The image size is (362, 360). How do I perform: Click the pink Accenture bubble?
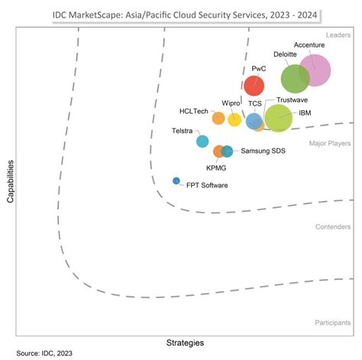tap(314, 72)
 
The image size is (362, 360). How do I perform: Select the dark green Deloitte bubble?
tap(295, 79)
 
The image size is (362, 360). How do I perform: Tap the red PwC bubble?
tap(254, 86)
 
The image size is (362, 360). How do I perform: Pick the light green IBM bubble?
tap(279, 118)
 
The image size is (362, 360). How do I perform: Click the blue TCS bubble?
tap(254, 121)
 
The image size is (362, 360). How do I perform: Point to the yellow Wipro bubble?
tap(234, 119)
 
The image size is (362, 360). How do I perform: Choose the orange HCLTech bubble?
tap(218, 118)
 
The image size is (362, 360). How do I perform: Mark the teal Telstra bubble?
tap(202, 141)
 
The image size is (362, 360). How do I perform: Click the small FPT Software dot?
tap(176, 181)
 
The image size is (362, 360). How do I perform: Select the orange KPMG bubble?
tap(218, 151)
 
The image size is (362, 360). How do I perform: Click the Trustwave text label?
tap(293, 100)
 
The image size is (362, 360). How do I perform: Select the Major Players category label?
tap(330, 143)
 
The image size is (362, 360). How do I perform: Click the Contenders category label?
tap(333, 227)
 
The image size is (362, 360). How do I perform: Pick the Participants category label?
tap(332, 323)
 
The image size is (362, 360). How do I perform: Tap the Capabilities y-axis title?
tap(11, 181)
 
